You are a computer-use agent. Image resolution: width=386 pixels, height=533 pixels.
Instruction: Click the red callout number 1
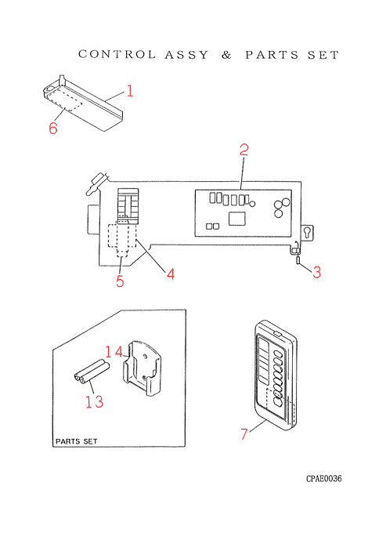pos(130,91)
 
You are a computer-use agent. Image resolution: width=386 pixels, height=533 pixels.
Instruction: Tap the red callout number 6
pos(53,128)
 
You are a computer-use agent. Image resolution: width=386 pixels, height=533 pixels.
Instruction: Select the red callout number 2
pos(244,150)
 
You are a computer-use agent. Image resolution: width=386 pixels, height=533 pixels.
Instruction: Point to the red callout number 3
pos(316,272)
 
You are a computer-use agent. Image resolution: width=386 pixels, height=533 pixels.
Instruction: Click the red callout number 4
pos(171,274)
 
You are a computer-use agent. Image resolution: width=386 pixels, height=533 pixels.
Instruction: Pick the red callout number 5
pos(120,281)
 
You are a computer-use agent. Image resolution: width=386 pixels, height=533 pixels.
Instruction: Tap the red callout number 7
pos(244,434)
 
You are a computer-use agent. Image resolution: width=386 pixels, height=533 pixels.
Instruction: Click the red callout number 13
pos(94,402)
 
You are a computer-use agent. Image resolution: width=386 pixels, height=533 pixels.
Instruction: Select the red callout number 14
pos(114,352)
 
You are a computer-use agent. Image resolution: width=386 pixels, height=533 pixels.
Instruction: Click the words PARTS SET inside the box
pos(77,441)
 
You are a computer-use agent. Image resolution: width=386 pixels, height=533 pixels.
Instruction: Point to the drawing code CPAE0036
pos(324,479)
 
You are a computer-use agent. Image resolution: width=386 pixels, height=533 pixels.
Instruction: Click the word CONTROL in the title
pos(117,54)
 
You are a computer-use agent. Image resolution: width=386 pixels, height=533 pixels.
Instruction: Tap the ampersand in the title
pos(227,55)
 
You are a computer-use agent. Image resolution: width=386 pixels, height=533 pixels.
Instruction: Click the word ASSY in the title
pos(186,55)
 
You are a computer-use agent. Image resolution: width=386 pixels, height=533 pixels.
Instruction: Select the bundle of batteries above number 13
pos(92,372)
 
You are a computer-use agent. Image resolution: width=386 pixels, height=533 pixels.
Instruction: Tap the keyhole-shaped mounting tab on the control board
pos(308,234)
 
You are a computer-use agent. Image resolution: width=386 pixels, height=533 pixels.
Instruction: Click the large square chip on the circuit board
pos(237,219)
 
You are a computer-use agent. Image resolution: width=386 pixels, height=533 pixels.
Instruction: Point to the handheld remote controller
pos(276,375)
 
